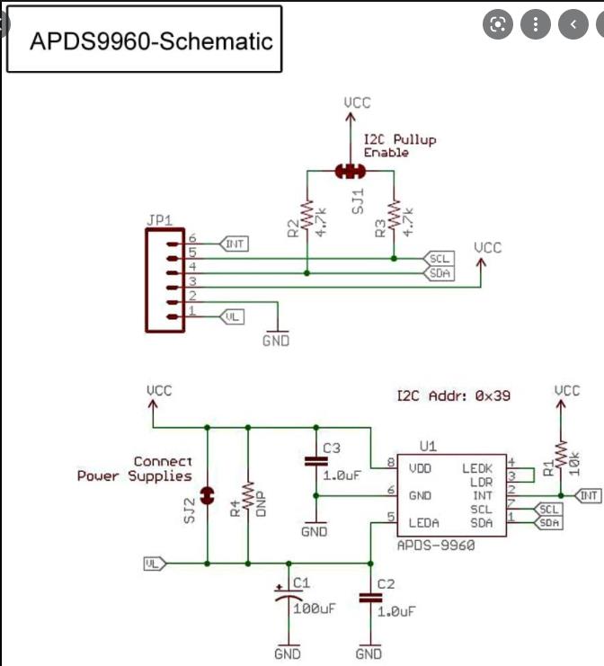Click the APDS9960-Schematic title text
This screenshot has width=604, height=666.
coord(151,40)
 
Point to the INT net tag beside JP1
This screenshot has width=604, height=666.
coord(233,244)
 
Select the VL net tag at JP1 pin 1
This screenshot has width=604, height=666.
coord(232,315)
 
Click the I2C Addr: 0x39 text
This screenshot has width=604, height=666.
coord(454,395)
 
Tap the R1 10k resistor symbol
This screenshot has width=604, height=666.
coord(560,455)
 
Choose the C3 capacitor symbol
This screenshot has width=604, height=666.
coord(315,461)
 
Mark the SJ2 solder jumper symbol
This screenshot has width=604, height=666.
coord(207,494)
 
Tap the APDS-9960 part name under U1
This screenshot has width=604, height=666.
coord(435,546)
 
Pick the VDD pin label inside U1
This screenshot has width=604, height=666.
coord(421,468)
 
